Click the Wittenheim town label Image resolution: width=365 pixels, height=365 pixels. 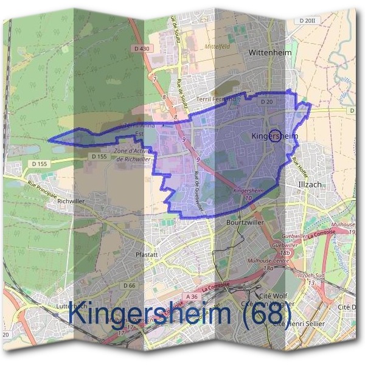(x=271, y=53)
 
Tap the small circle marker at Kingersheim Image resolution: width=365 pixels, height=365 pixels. (x=274, y=135)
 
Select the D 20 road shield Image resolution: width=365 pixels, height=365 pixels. (x=266, y=102)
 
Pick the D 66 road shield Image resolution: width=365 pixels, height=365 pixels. (x=128, y=285)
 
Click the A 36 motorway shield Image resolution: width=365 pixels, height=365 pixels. (x=192, y=296)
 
